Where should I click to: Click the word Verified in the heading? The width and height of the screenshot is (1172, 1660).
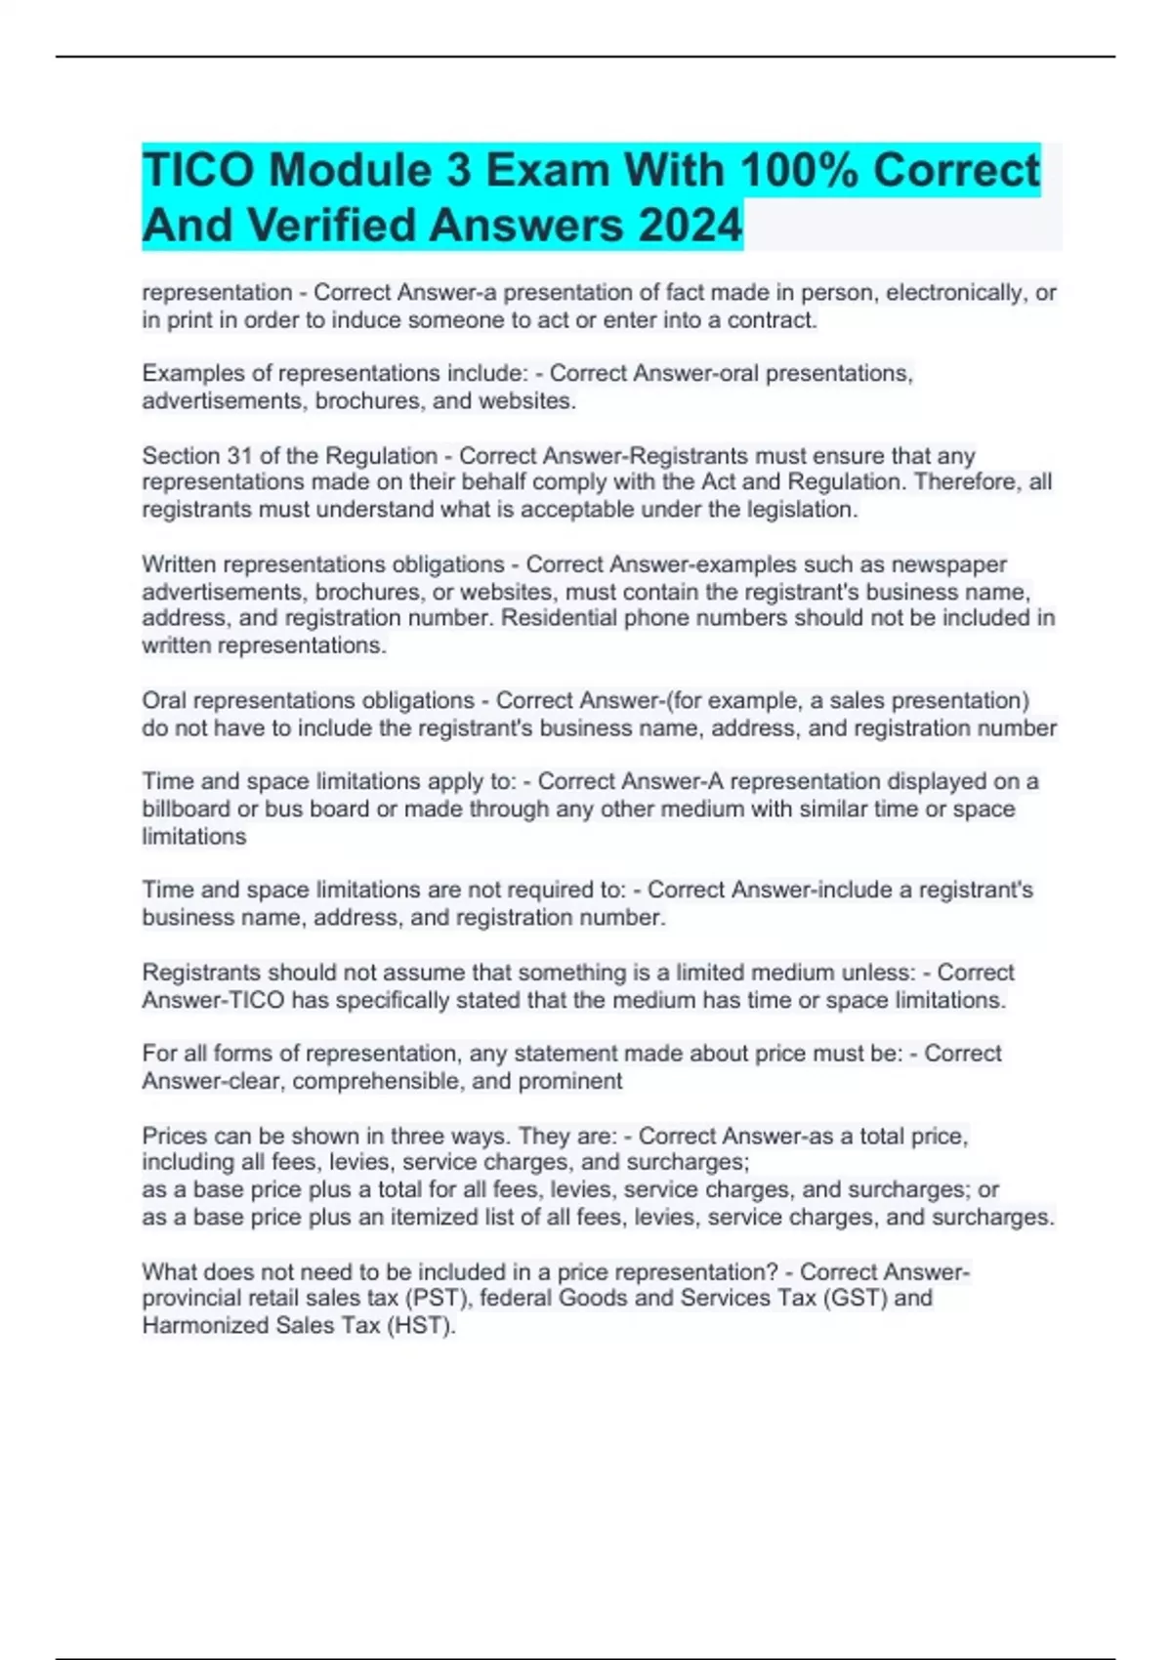pos(331,225)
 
